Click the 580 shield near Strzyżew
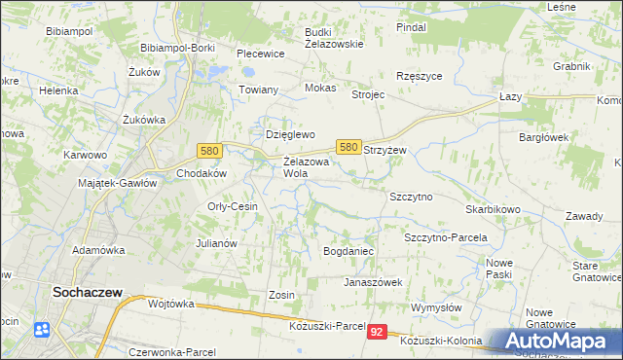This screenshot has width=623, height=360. (x=348, y=146)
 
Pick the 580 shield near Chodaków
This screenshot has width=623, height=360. (x=207, y=151)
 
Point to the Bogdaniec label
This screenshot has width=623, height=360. (x=348, y=251)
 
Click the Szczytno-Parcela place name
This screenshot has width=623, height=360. (x=445, y=237)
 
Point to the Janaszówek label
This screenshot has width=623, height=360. (x=373, y=282)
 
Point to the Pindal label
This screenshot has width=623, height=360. (x=412, y=27)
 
